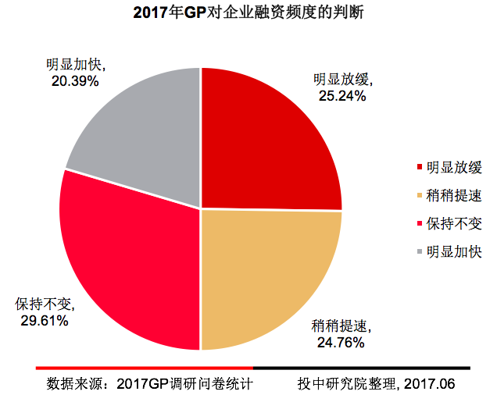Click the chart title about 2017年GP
pos(248,12)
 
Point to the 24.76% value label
pos(341,341)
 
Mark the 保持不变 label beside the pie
pos(46,304)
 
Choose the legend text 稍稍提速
pos(454,194)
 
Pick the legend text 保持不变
pos(454,222)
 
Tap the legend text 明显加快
pos(454,251)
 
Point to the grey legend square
pos(421,251)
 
